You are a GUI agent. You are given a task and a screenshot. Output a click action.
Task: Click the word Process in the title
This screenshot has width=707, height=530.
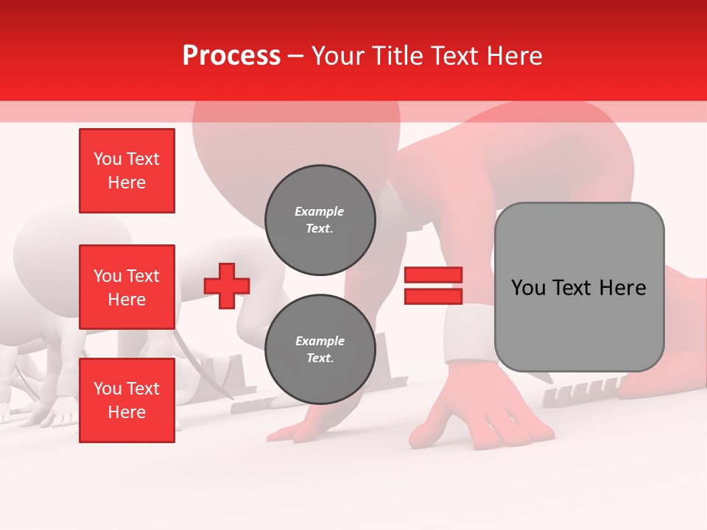(231, 56)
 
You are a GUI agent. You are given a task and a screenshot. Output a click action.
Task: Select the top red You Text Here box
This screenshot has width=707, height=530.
(127, 171)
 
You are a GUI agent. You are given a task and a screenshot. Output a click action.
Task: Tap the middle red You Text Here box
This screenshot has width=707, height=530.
(127, 287)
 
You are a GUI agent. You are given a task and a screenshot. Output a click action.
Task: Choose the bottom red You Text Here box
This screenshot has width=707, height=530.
(127, 400)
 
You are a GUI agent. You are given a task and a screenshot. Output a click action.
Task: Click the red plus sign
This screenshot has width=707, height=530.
(227, 286)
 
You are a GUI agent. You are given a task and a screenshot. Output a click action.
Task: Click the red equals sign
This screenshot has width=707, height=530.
(433, 286)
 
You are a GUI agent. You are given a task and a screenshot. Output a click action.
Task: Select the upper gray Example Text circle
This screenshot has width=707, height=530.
(320, 219)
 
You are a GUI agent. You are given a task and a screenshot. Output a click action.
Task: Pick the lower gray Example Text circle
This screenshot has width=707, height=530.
(320, 350)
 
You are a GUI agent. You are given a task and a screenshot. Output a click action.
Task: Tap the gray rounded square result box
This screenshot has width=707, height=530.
(579, 287)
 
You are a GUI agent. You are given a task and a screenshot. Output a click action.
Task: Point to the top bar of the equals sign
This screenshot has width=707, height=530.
(433, 275)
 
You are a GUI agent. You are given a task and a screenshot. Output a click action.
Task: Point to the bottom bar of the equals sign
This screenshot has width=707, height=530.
(433, 296)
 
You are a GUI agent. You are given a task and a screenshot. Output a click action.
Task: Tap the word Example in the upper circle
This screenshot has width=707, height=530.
(320, 211)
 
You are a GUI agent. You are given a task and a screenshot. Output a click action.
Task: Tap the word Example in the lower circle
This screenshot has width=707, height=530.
(320, 341)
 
